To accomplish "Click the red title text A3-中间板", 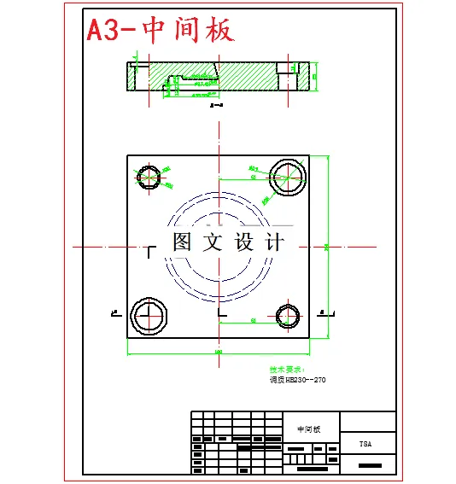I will [x=161, y=31].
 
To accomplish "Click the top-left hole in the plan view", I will [x=150, y=178].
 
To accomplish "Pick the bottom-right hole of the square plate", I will [x=288, y=317].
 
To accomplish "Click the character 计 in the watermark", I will [x=275, y=242].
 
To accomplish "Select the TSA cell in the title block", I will [x=365, y=444].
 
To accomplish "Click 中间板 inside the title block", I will [x=308, y=429].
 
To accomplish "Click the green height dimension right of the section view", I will [x=315, y=77].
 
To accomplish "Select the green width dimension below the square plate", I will [x=218, y=352].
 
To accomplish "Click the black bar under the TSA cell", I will [x=369, y=466].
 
